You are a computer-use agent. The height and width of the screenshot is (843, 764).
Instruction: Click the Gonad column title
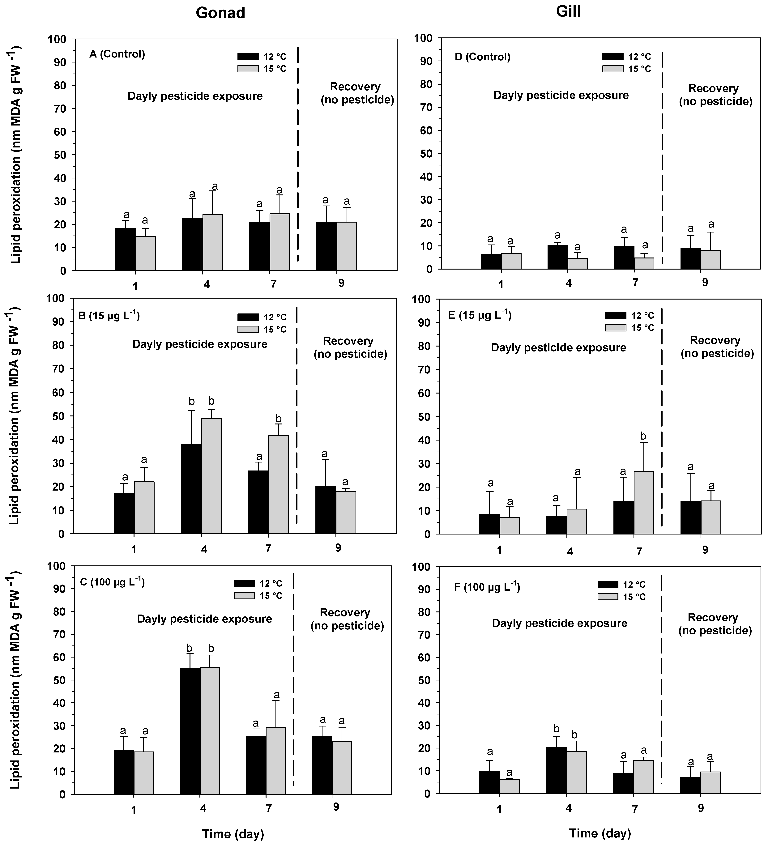coord(220,13)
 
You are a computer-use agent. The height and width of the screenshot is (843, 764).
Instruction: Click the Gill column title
coord(568,11)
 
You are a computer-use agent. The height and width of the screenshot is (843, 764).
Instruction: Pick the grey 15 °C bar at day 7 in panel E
coord(644,503)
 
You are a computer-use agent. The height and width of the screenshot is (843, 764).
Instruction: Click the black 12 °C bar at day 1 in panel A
coord(126,250)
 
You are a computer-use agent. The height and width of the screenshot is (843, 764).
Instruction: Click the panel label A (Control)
coord(117,54)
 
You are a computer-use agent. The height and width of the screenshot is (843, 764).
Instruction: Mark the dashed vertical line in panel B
coord(297,418)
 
